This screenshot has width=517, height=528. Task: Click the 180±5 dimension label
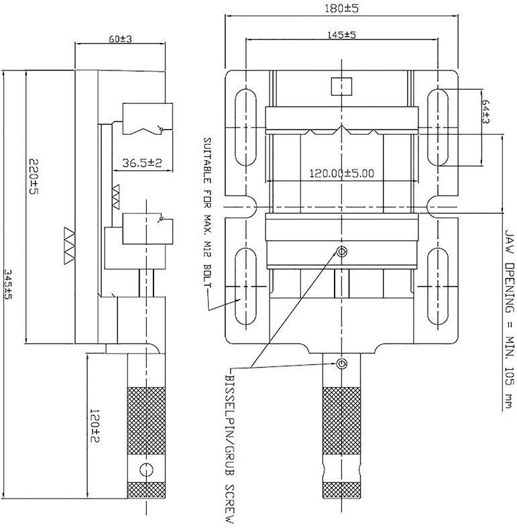[341, 8]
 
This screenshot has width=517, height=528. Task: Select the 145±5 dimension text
[341, 34]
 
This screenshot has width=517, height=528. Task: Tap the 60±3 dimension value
[120, 39]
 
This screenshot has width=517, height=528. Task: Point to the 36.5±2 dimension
[141, 163]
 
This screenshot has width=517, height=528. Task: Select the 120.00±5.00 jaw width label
[341, 173]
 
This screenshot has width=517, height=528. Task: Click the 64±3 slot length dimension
[485, 111]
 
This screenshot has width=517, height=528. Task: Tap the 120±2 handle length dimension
[95, 426]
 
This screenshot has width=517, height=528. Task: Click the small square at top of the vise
[341, 86]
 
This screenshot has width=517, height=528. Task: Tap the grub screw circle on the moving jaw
[342, 251]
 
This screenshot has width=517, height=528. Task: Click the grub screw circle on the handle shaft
[342, 364]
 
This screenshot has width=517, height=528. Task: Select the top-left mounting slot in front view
[245, 127]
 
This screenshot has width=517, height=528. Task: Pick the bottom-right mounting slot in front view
[438, 286]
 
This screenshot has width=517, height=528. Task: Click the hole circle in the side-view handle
[146, 470]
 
